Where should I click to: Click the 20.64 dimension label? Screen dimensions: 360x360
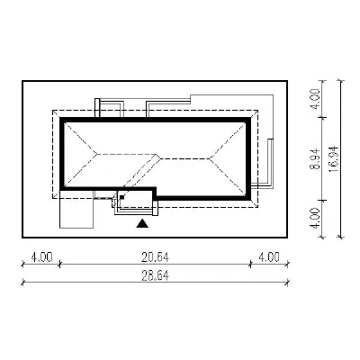tap(155, 257)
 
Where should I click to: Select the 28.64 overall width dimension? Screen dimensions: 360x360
tap(155, 275)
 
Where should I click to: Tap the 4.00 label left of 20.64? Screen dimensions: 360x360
tap(41, 257)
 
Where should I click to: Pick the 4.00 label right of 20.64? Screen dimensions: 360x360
tap(269, 257)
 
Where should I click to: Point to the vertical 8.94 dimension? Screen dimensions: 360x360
tap(316, 158)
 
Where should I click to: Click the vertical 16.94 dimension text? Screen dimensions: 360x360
tap(334, 159)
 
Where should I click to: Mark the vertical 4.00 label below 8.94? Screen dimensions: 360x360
tap(316, 218)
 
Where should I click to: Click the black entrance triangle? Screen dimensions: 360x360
tap(142, 224)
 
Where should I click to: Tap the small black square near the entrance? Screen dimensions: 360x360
tap(121, 197)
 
